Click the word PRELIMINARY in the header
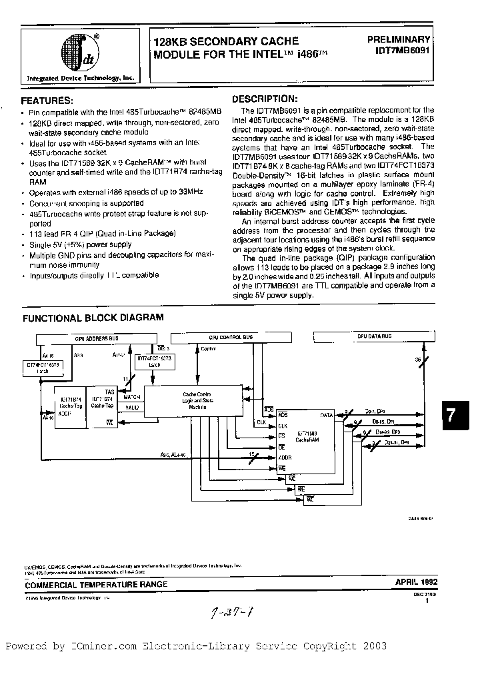399,39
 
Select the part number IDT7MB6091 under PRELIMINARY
403,51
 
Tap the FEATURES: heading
47,101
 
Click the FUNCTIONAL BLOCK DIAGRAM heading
93,318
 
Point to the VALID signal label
132,407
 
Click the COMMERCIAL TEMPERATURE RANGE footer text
96,584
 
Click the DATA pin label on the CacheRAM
327,415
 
